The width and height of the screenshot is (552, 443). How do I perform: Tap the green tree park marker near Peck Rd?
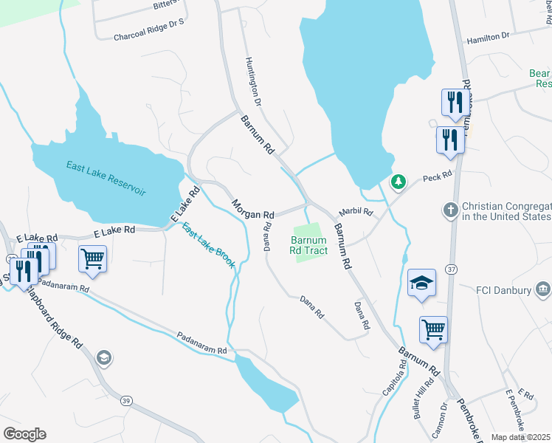pyautogui.click(x=399, y=181)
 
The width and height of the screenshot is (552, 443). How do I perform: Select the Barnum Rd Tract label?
pyautogui.click(x=308, y=246)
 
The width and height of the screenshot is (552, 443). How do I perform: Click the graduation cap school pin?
pyautogui.click(x=421, y=283)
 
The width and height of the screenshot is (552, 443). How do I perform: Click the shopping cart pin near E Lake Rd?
pyautogui.click(x=93, y=259)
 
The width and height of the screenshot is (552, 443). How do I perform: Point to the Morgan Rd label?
pyautogui.click(x=253, y=209)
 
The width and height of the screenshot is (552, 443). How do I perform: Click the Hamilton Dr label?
pyautogui.click(x=485, y=35)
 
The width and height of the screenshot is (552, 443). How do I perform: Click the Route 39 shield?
pyautogui.click(x=126, y=401)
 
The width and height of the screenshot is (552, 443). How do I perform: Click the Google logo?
pyautogui.click(x=24, y=434)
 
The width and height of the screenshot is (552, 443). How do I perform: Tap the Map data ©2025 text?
pyautogui.click(x=521, y=437)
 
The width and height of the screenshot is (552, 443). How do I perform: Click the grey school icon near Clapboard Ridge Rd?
pyautogui.click(x=104, y=358)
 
